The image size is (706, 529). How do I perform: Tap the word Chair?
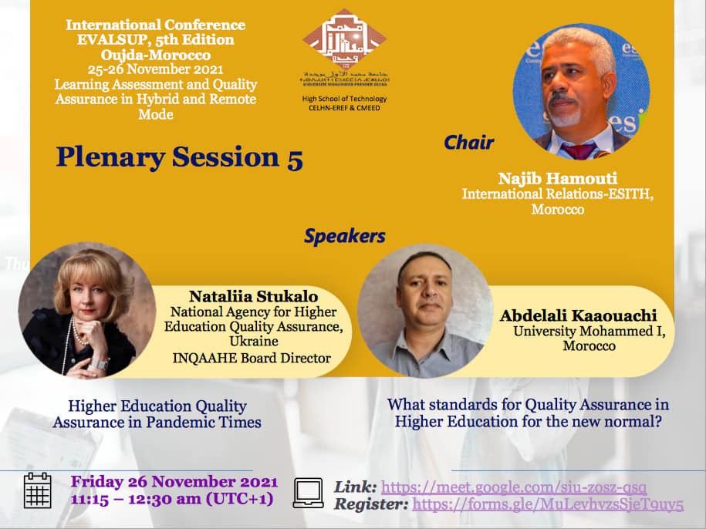coord(468,143)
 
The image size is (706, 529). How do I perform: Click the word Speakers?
coord(344,236)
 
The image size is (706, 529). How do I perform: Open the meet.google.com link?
coord(514,487)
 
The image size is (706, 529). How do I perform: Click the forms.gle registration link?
coord(548,505)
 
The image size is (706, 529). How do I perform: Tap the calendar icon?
coord(37,490)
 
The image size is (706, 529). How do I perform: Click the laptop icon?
coord(308,492)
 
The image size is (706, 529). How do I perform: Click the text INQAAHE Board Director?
coord(250,357)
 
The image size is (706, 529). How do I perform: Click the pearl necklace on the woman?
coord(76,332)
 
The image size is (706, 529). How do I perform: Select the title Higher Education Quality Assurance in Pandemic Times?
coord(157,413)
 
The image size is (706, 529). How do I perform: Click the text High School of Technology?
coord(345,99)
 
